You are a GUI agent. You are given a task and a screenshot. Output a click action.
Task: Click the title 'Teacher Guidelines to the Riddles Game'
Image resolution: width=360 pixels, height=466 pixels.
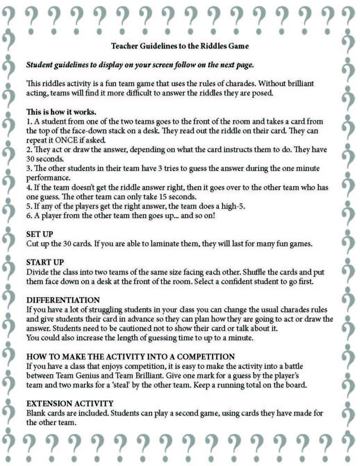179,46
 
